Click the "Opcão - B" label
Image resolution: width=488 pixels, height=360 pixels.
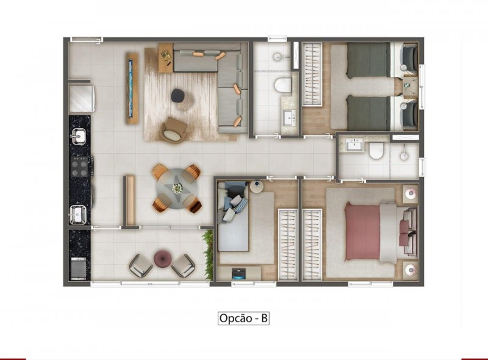[x=243, y=319]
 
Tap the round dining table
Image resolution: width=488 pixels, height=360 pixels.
[x=177, y=189]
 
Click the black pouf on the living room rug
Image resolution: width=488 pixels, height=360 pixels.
[x=178, y=95]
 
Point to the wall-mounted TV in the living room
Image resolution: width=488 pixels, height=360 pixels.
[x=132, y=88]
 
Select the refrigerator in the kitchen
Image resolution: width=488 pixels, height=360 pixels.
[x=82, y=98]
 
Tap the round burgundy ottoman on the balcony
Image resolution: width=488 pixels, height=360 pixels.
[x=162, y=259]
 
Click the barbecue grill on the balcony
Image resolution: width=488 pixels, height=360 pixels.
[x=79, y=268]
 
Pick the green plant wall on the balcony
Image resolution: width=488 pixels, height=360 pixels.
[x=209, y=254]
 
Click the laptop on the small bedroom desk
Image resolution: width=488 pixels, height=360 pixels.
[x=239, y=273]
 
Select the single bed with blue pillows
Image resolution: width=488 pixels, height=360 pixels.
[x=233, y=217]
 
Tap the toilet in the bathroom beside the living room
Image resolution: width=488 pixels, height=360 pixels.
[x=282, y=85]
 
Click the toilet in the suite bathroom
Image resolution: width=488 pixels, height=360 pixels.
[x=376, y=151]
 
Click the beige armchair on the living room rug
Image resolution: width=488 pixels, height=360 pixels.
[x=174, y=131]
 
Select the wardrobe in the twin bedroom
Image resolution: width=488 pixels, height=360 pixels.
[x=312, y=74]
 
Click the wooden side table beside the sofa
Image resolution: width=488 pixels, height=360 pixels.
[x=165, y=58]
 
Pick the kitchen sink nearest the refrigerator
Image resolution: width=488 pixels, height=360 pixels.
[x=79, y=137]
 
